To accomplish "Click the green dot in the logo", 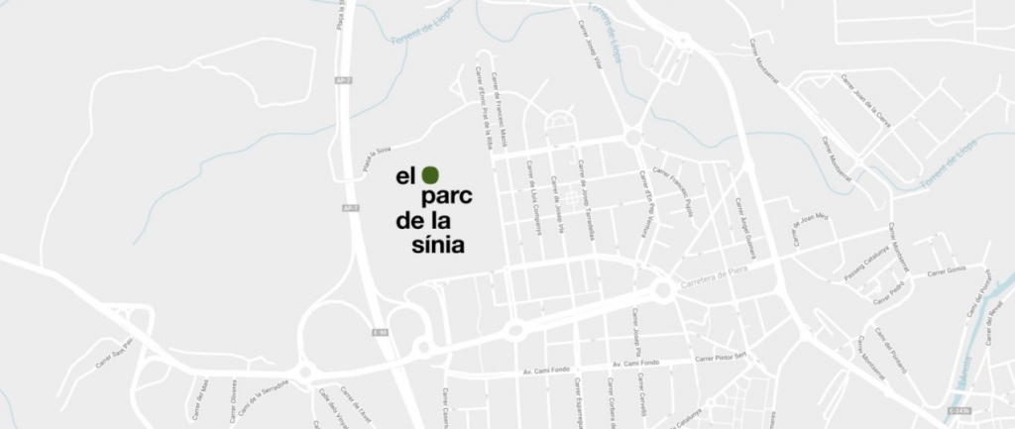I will [429, 174].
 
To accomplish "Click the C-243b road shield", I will [959, 409].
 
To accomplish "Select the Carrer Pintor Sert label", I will [721, 357].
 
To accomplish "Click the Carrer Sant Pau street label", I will [114, 353].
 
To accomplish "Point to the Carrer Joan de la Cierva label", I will [864, 100].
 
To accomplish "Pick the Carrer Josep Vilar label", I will [591, 39].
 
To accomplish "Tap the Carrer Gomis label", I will [946, 270].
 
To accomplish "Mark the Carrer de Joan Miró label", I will [809, 228].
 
